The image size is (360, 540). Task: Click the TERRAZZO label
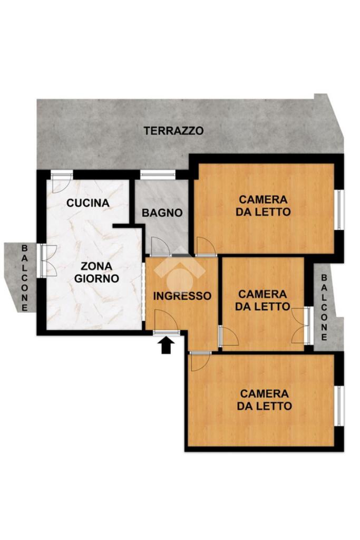(173, 131)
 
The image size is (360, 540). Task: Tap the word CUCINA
(88, 203)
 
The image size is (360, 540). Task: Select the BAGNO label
(162, 213)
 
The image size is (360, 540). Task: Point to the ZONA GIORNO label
(96, 272)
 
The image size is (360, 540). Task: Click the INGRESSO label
(182, 296)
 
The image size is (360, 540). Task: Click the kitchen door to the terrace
(62, 182)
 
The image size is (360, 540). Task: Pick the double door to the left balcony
(48, 261)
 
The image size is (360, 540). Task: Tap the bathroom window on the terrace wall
(157, 175)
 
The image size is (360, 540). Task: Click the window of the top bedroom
(339, 209)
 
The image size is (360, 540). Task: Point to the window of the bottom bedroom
(339, 406)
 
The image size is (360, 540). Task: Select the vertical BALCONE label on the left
(24, 277)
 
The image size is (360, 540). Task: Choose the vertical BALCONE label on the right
(324, 307)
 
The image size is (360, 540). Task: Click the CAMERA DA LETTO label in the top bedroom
(264, 206)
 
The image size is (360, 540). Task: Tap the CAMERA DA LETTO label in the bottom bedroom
(264, 400)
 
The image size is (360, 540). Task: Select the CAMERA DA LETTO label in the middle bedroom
(262, 300)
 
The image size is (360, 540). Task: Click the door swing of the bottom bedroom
(200, 361)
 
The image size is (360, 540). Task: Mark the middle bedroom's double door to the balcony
(302, 326)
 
